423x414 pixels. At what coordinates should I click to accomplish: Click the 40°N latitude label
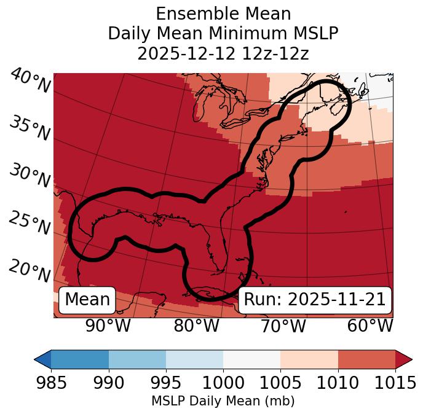[30, 82]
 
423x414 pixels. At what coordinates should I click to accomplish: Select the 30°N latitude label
[30, 177]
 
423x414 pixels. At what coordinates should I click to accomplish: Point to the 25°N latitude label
[30, 224]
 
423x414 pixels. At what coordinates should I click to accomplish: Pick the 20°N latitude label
[30, 271]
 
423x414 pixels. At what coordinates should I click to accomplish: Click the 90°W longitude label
[108, 326]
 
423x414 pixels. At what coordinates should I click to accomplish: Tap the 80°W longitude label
[196, 326]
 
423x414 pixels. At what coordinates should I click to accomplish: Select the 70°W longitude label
[283, 326]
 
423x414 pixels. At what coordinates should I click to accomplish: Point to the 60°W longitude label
[370, 326]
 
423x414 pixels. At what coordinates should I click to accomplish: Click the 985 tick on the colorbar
[51, 383]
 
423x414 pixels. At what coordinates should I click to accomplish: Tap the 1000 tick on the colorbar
[223, 383]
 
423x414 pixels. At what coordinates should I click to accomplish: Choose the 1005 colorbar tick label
[280, 383]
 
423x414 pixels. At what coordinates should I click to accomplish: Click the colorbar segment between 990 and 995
[137, 359]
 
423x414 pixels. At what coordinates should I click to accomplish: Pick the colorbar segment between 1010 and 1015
[366, 359]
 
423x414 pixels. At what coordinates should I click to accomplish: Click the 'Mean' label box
[87, 300]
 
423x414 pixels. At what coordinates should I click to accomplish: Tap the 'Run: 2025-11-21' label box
[314, 300]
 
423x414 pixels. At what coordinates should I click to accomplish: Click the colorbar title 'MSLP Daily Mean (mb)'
[223, 402]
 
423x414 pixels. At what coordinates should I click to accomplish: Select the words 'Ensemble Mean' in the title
[223, 14]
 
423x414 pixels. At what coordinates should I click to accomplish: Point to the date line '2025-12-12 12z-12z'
[223, 53]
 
